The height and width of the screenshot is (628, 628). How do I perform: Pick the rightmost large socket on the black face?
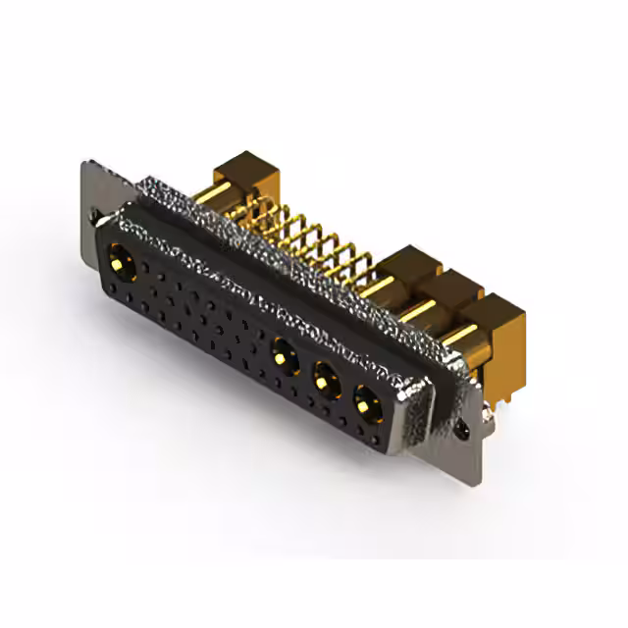367,400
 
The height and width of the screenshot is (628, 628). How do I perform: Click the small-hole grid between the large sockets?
196,314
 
